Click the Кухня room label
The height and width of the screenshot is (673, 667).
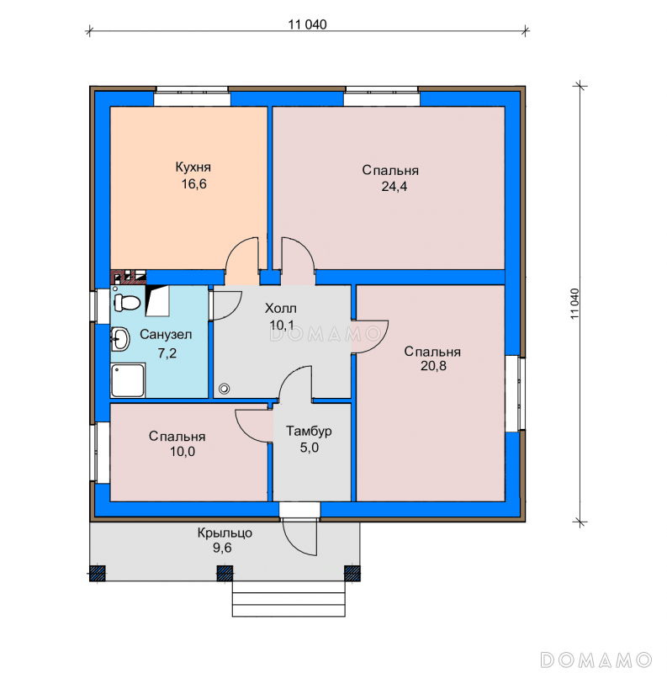click(193, 167)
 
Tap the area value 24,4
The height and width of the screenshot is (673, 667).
click(394, 187)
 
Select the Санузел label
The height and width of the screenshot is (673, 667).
click(166, 334)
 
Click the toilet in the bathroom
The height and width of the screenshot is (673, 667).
click(127, 302)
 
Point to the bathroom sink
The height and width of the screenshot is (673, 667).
click(120, 339)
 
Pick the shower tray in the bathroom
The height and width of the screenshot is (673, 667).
click(128, 380)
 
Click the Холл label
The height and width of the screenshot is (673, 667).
click(281, 308)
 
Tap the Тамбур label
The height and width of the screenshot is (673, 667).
click(309, 432)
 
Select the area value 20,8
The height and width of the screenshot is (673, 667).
click(433, 366)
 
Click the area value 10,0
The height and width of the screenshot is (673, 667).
click(183, 452)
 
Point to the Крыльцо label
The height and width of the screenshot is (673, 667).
click(225, 533)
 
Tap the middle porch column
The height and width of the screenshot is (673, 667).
click(225, 574)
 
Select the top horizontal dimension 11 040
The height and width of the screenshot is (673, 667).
click(307, 25)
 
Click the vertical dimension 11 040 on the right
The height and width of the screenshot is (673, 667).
click(575, 304)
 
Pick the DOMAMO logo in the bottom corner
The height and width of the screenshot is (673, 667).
click(596, 660)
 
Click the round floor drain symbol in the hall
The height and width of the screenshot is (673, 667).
click(224, 389)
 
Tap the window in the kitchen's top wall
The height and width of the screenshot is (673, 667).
click(192, 96)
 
